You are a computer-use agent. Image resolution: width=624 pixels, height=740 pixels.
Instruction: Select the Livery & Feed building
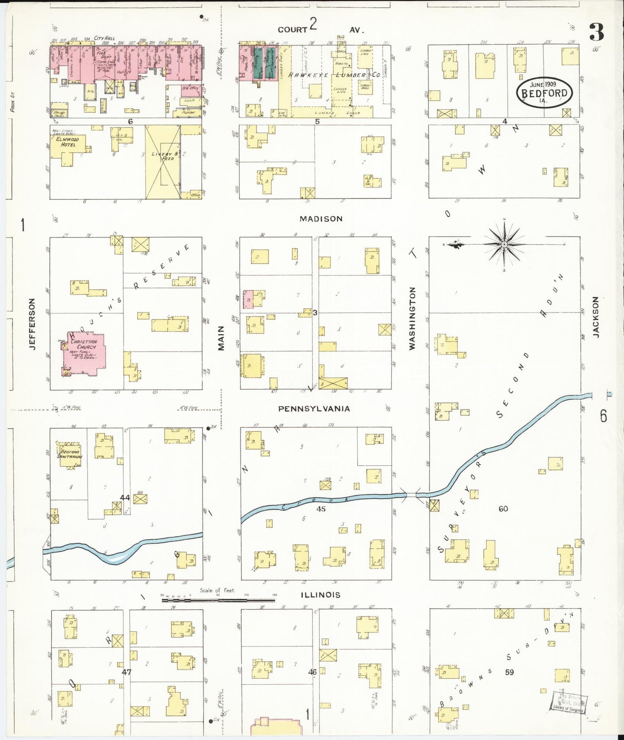(163, 162)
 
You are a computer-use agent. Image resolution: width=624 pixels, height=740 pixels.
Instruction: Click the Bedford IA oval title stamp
(544, 92)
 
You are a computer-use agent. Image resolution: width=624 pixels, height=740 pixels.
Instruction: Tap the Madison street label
(321, 219)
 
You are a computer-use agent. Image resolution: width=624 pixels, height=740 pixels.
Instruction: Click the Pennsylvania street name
(314, 408)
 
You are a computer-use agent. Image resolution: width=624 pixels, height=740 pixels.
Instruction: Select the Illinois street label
(320, 595)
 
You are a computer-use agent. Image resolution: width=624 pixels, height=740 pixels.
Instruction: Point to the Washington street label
(412, 318)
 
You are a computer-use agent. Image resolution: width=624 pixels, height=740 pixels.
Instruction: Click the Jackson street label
(595, 316)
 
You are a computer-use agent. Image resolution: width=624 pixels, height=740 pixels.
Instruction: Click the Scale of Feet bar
(218, 600)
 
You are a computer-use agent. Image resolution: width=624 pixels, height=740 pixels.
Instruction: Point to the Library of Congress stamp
(568, 702)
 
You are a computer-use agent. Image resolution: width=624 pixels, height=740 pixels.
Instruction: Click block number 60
(503, 509)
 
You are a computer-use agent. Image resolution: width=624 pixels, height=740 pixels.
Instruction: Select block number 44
(125, 497)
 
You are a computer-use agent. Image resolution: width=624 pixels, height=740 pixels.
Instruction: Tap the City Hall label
(105, 38)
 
